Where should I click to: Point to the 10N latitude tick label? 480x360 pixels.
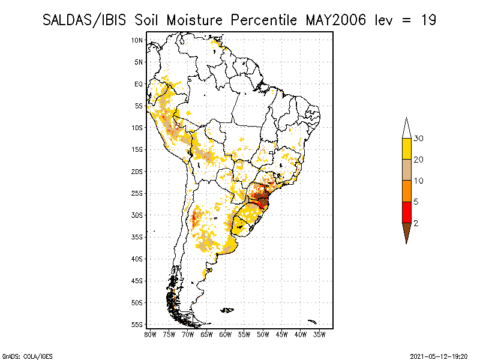[137, 40]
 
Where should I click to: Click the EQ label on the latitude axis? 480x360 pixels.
[138, 84]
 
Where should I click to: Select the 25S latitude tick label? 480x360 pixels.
[137, 193]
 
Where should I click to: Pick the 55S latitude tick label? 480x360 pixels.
[137, 324]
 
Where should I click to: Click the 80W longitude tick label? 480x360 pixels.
[150, 334]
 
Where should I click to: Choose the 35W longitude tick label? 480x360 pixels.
[320, 334]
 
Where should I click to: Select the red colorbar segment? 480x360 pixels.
[406, 212]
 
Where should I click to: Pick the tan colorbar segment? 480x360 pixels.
[406, 170]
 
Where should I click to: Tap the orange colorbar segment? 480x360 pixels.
[406, 191]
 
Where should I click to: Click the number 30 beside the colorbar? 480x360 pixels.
[419, 139]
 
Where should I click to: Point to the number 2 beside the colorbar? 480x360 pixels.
[416, 223]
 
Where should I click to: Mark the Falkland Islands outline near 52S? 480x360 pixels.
[227, 310]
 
